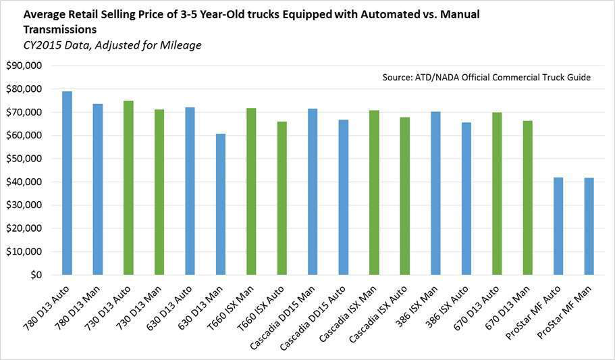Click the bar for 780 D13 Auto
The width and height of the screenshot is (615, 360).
[x=67, y=183]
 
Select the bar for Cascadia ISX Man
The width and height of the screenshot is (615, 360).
[x=374, y=192]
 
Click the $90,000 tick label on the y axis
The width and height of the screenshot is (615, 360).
[x=25, y=66]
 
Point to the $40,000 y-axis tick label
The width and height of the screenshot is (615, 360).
[x=25, y=182]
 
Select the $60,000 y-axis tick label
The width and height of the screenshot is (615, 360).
[x=25, y=136]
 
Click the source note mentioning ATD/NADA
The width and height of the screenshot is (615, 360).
[x=486, y=78]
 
